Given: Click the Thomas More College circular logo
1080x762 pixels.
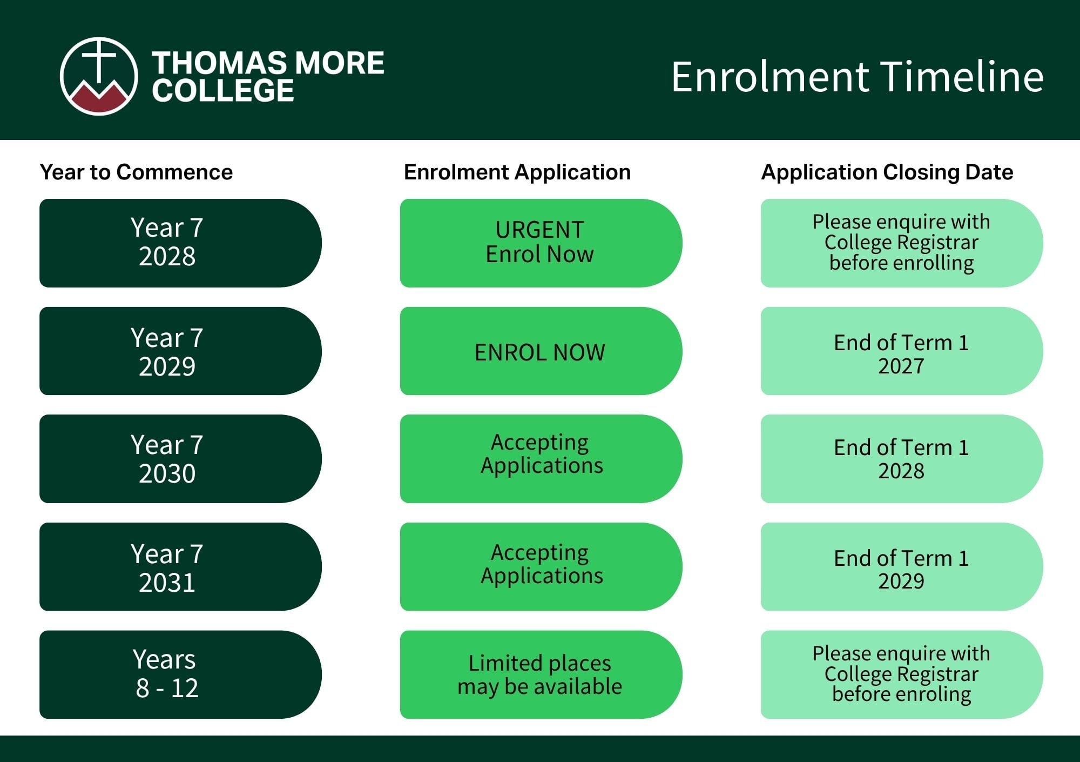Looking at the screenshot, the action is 99,76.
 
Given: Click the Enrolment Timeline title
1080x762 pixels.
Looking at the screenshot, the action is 857,77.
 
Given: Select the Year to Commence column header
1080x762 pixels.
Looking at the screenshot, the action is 136,172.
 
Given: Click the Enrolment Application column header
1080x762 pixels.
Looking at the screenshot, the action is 517,172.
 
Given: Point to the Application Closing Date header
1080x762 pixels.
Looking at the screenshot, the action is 887,172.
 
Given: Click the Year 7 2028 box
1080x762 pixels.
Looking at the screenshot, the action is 180,243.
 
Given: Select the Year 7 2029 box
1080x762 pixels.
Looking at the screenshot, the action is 180,351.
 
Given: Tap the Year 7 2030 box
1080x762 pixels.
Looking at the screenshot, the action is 180,459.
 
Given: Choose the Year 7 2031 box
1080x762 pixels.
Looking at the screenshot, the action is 180,567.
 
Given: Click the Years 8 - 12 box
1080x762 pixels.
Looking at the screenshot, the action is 180,674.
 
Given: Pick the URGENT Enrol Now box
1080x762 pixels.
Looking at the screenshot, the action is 541,243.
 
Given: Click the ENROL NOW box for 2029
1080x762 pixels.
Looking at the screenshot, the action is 541,351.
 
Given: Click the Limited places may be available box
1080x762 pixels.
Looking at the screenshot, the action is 541,674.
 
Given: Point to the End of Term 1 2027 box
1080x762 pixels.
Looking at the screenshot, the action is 902,351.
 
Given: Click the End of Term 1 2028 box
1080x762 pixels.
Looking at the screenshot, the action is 902,459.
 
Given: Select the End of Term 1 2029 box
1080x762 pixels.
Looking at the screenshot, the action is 902,567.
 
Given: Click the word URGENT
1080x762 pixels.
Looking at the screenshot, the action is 539,230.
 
